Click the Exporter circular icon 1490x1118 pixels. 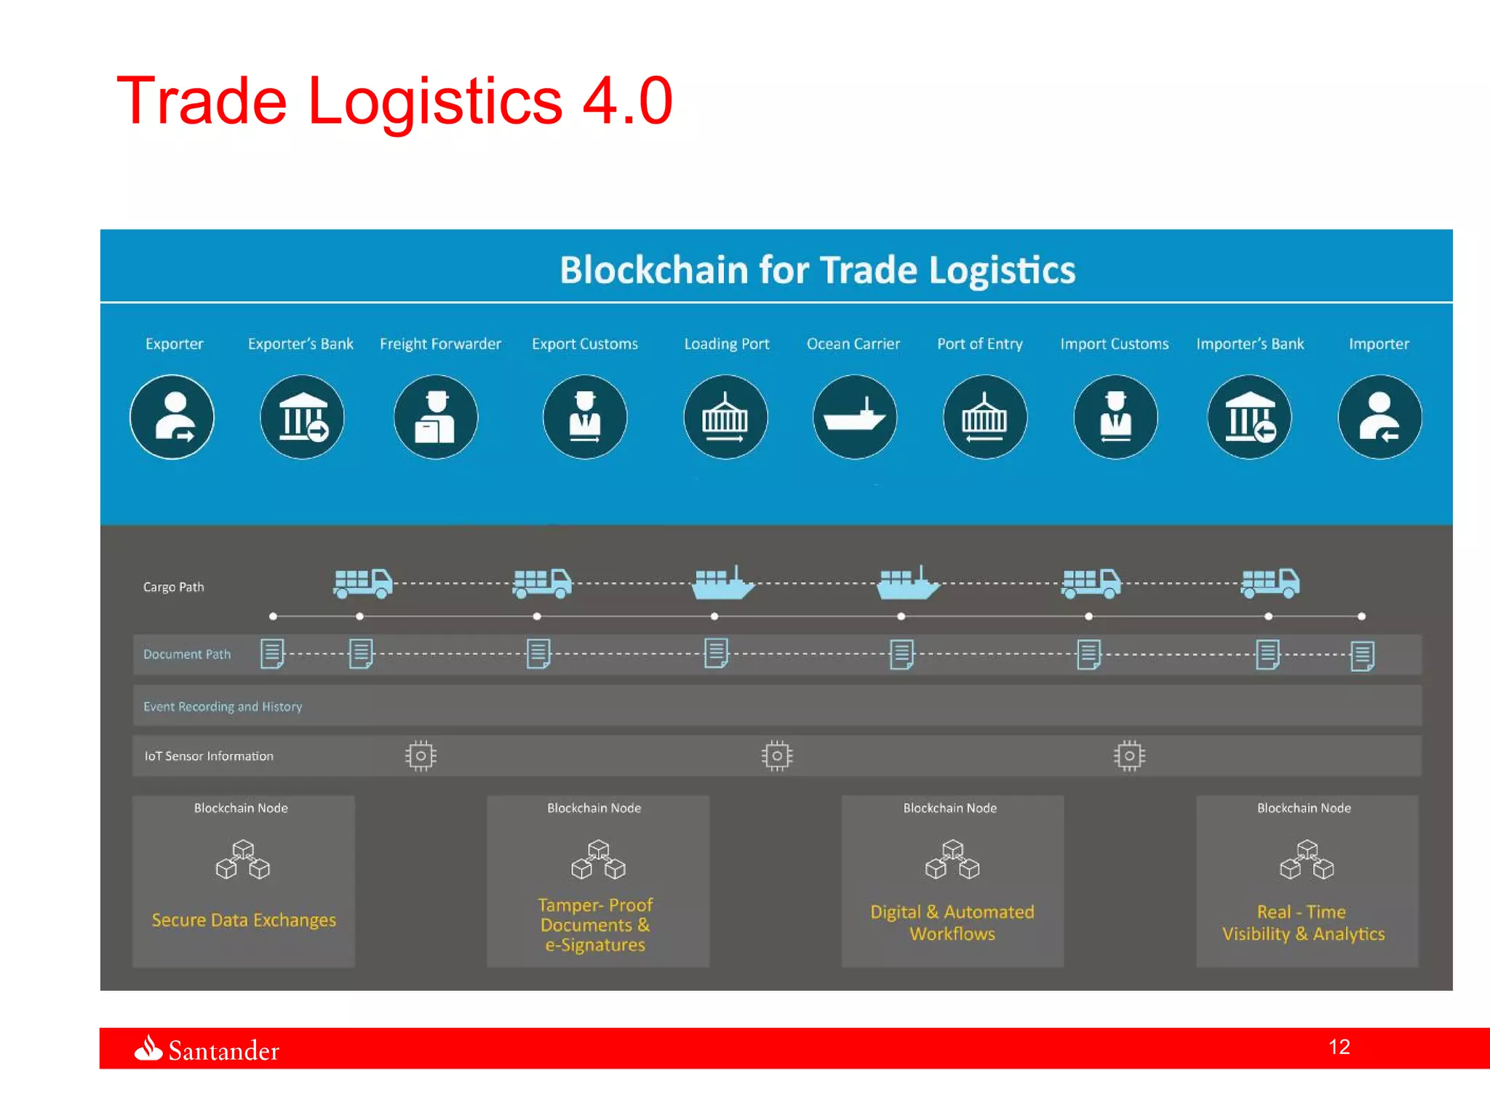coord(172,417)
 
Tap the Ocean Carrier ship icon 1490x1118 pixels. coord(855,417)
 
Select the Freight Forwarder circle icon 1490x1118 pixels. coord(436,417)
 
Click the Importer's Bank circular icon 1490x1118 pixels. coord(1249,417)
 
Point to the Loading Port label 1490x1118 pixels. coord(726,344)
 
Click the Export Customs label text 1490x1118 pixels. coord(584,344)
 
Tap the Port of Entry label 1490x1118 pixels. coord(979,344)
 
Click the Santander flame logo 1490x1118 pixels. coord(148,1049)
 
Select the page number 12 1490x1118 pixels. coord(1339,1047)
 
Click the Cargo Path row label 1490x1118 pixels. coord(173,587)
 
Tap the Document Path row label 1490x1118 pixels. coord(186,654)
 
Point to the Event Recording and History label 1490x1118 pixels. coord(222,707)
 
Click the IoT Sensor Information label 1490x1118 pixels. coord(209,756)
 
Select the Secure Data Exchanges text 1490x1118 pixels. coord(244,920)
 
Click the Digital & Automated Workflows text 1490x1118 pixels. coord(952,922)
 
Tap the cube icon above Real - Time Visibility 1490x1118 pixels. coord(1307,860)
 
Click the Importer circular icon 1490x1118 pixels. coord(1379,417)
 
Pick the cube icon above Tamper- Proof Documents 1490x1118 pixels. coord(598,860)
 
